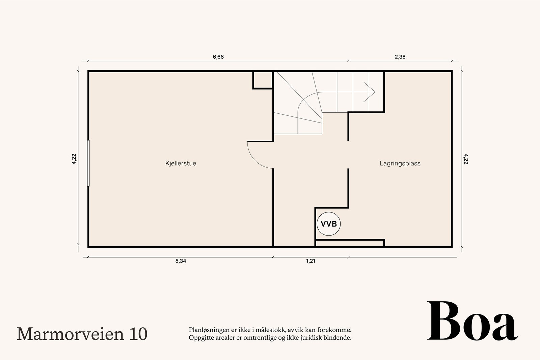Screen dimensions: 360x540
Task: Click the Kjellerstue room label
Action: (x=181, y=163)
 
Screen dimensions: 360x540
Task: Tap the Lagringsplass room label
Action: (x=400, y=163)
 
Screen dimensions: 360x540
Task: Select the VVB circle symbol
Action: (x=328, y=224)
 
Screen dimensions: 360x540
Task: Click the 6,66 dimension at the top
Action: (x=218, y=57)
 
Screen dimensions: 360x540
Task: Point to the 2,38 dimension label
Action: (x=400, y=57)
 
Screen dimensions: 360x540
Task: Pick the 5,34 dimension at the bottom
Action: (x=181, y=261)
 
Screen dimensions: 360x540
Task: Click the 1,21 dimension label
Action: (x=310, y=261)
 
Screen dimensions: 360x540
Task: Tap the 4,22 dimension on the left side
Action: (x=74, y=159)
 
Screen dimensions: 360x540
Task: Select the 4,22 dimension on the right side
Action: (x=466, y=159)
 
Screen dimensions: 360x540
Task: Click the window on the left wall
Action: (x=88, y=163)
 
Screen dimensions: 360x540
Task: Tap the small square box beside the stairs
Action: (x=263, y=80)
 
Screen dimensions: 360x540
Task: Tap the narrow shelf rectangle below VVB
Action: (x=350, y=243)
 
